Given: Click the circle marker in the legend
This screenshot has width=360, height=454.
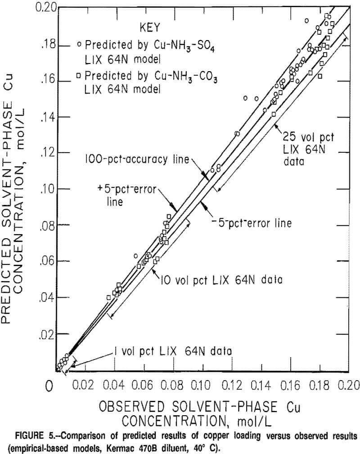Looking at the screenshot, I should (x=79, y=45).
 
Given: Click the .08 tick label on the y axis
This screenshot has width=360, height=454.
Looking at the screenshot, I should (x=47, y=225).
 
